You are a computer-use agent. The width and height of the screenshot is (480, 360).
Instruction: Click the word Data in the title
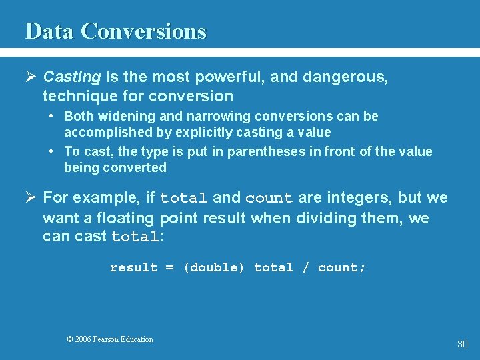49,31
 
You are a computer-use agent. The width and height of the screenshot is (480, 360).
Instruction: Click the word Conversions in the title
143,31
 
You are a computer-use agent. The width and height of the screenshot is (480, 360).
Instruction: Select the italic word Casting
71,77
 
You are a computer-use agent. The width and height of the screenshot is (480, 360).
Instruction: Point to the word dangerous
345,77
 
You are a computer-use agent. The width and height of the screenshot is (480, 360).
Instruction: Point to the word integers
355,198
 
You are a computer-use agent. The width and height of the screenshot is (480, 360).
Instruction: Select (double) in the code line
214,267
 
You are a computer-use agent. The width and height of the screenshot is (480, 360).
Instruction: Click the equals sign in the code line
169,267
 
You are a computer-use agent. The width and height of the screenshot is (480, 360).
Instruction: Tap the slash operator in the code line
305,267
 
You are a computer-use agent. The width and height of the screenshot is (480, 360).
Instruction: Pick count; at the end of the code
342,267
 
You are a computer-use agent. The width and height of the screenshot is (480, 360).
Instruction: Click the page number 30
462,344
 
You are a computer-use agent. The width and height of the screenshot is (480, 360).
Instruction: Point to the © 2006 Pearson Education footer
110,339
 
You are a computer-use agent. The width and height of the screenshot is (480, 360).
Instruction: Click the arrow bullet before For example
31,198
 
